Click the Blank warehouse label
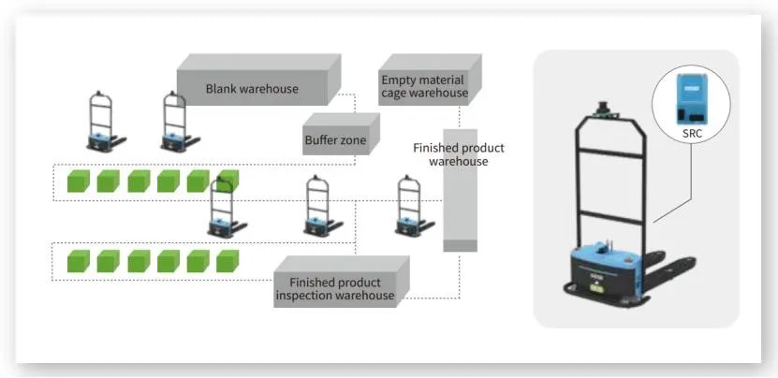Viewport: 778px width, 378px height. click(251, 89)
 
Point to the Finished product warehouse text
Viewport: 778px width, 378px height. click(458, 154)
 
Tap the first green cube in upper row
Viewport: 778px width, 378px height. click(79, 181)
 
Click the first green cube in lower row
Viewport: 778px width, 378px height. click(79, 262)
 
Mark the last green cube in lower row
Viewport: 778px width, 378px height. click(228, 262)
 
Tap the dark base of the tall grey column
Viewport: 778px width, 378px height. click(460, 246)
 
